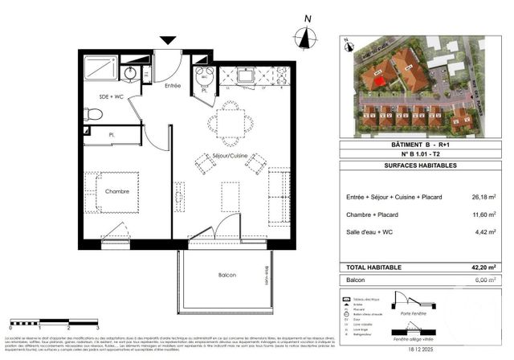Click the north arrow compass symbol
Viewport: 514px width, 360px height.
click(x=305, y=36)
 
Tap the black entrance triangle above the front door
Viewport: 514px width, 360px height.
click(x=167, y=40)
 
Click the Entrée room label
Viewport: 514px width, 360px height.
click(x=173, y=84)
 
